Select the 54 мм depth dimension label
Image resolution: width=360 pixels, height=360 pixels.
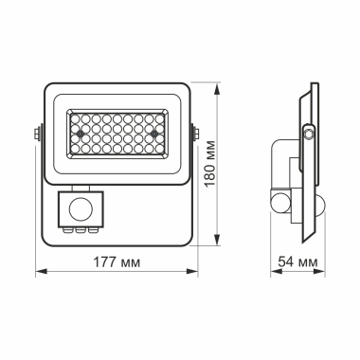[x=295, y=261]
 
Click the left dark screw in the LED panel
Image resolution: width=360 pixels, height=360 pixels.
[x=81, y=135]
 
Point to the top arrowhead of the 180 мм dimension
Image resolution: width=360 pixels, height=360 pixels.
[x=222, y=83]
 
